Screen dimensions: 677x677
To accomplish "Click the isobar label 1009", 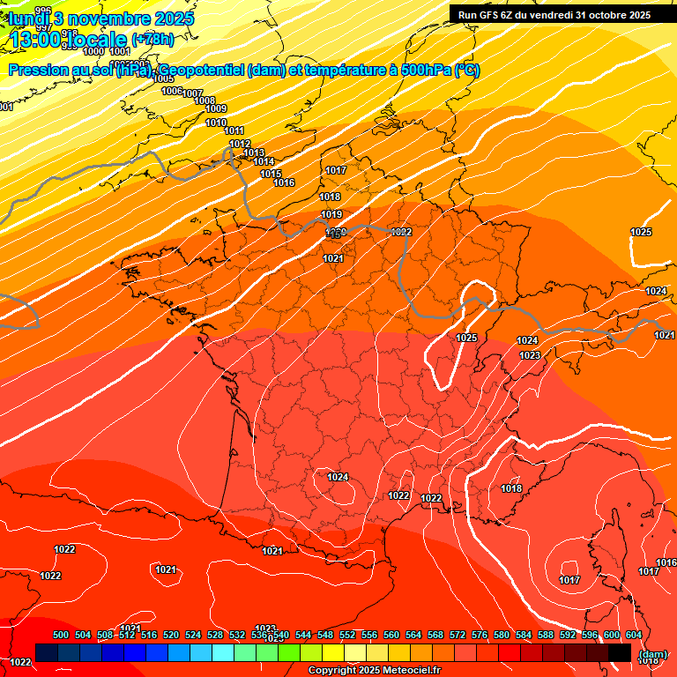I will point(216,109).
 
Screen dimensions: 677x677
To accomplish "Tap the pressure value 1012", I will point(240,145).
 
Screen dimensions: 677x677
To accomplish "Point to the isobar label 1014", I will point(264,161).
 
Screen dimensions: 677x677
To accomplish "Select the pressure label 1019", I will point(331,214).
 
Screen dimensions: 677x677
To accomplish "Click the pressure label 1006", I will point(172,91).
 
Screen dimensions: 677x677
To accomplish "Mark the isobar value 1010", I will point(216,123).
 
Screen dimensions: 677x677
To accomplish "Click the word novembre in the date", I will point(113,18).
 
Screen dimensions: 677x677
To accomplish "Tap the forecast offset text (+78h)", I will point(153,39).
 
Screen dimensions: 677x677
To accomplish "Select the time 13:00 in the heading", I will point(37,40).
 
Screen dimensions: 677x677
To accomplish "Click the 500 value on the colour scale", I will point(61,635).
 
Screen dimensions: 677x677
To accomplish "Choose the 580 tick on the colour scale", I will point(502,635).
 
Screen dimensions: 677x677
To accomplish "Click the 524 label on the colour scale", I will point(193,635).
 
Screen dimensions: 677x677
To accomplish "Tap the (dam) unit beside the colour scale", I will point(652,653).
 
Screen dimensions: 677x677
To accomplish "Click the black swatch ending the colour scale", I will point(620,652).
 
